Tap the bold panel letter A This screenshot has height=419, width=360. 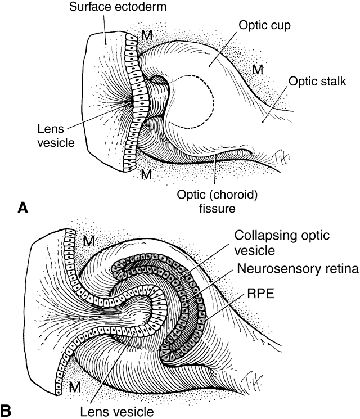(x=23, y=209)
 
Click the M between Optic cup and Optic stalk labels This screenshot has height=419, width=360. (x=257, y=69)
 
